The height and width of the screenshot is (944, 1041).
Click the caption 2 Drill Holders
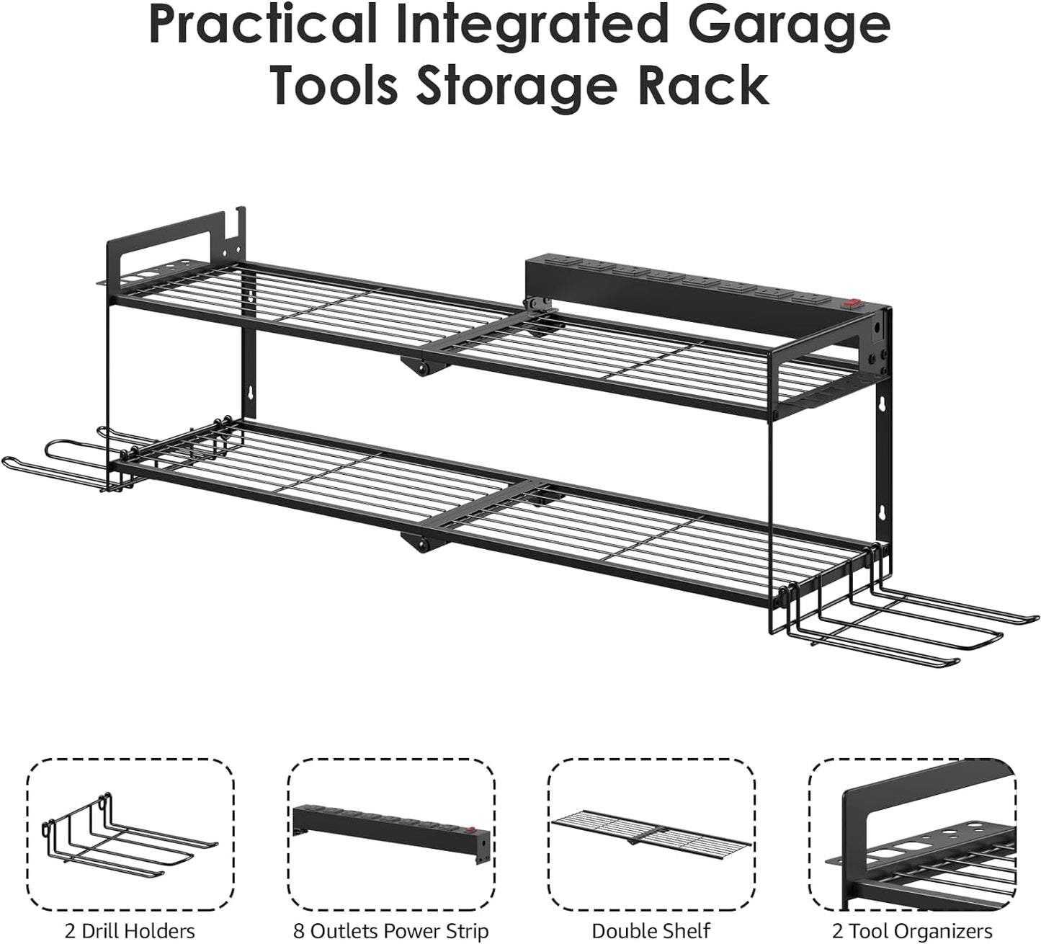click(130, 930)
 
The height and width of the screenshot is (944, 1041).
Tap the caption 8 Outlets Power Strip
click(391, 930)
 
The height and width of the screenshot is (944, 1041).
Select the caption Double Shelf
click(651, 930)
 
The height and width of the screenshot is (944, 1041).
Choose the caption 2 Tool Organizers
click(912, 930)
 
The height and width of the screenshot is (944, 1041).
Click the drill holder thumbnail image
click(130, 836)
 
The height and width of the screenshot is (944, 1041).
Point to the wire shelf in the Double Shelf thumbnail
click(651, 829)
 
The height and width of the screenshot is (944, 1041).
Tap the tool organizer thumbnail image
click(912, 836)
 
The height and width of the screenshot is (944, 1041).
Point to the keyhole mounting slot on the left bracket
click(249, 396)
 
